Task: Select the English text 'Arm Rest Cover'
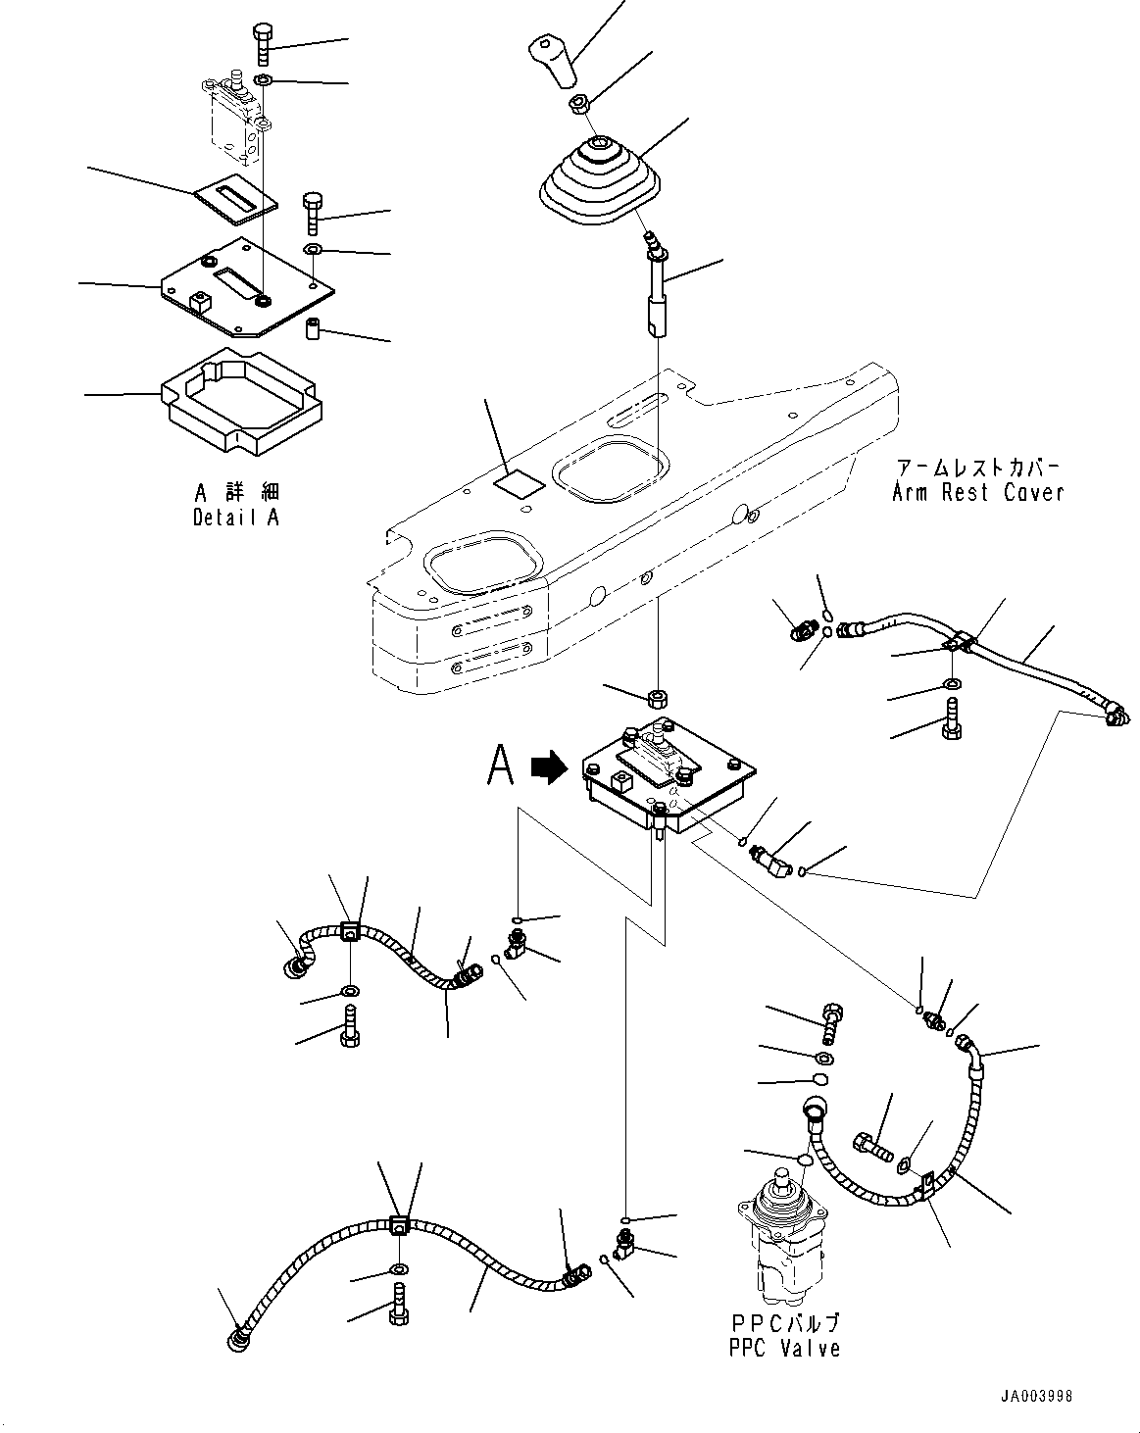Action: (x=977, y=492)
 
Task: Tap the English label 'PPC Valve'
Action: (x=784, y=1348)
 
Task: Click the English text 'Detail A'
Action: (x=236, y=517)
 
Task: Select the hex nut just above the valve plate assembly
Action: (x=657, y=699)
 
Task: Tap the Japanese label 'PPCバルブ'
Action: (x=784, y=1323)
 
